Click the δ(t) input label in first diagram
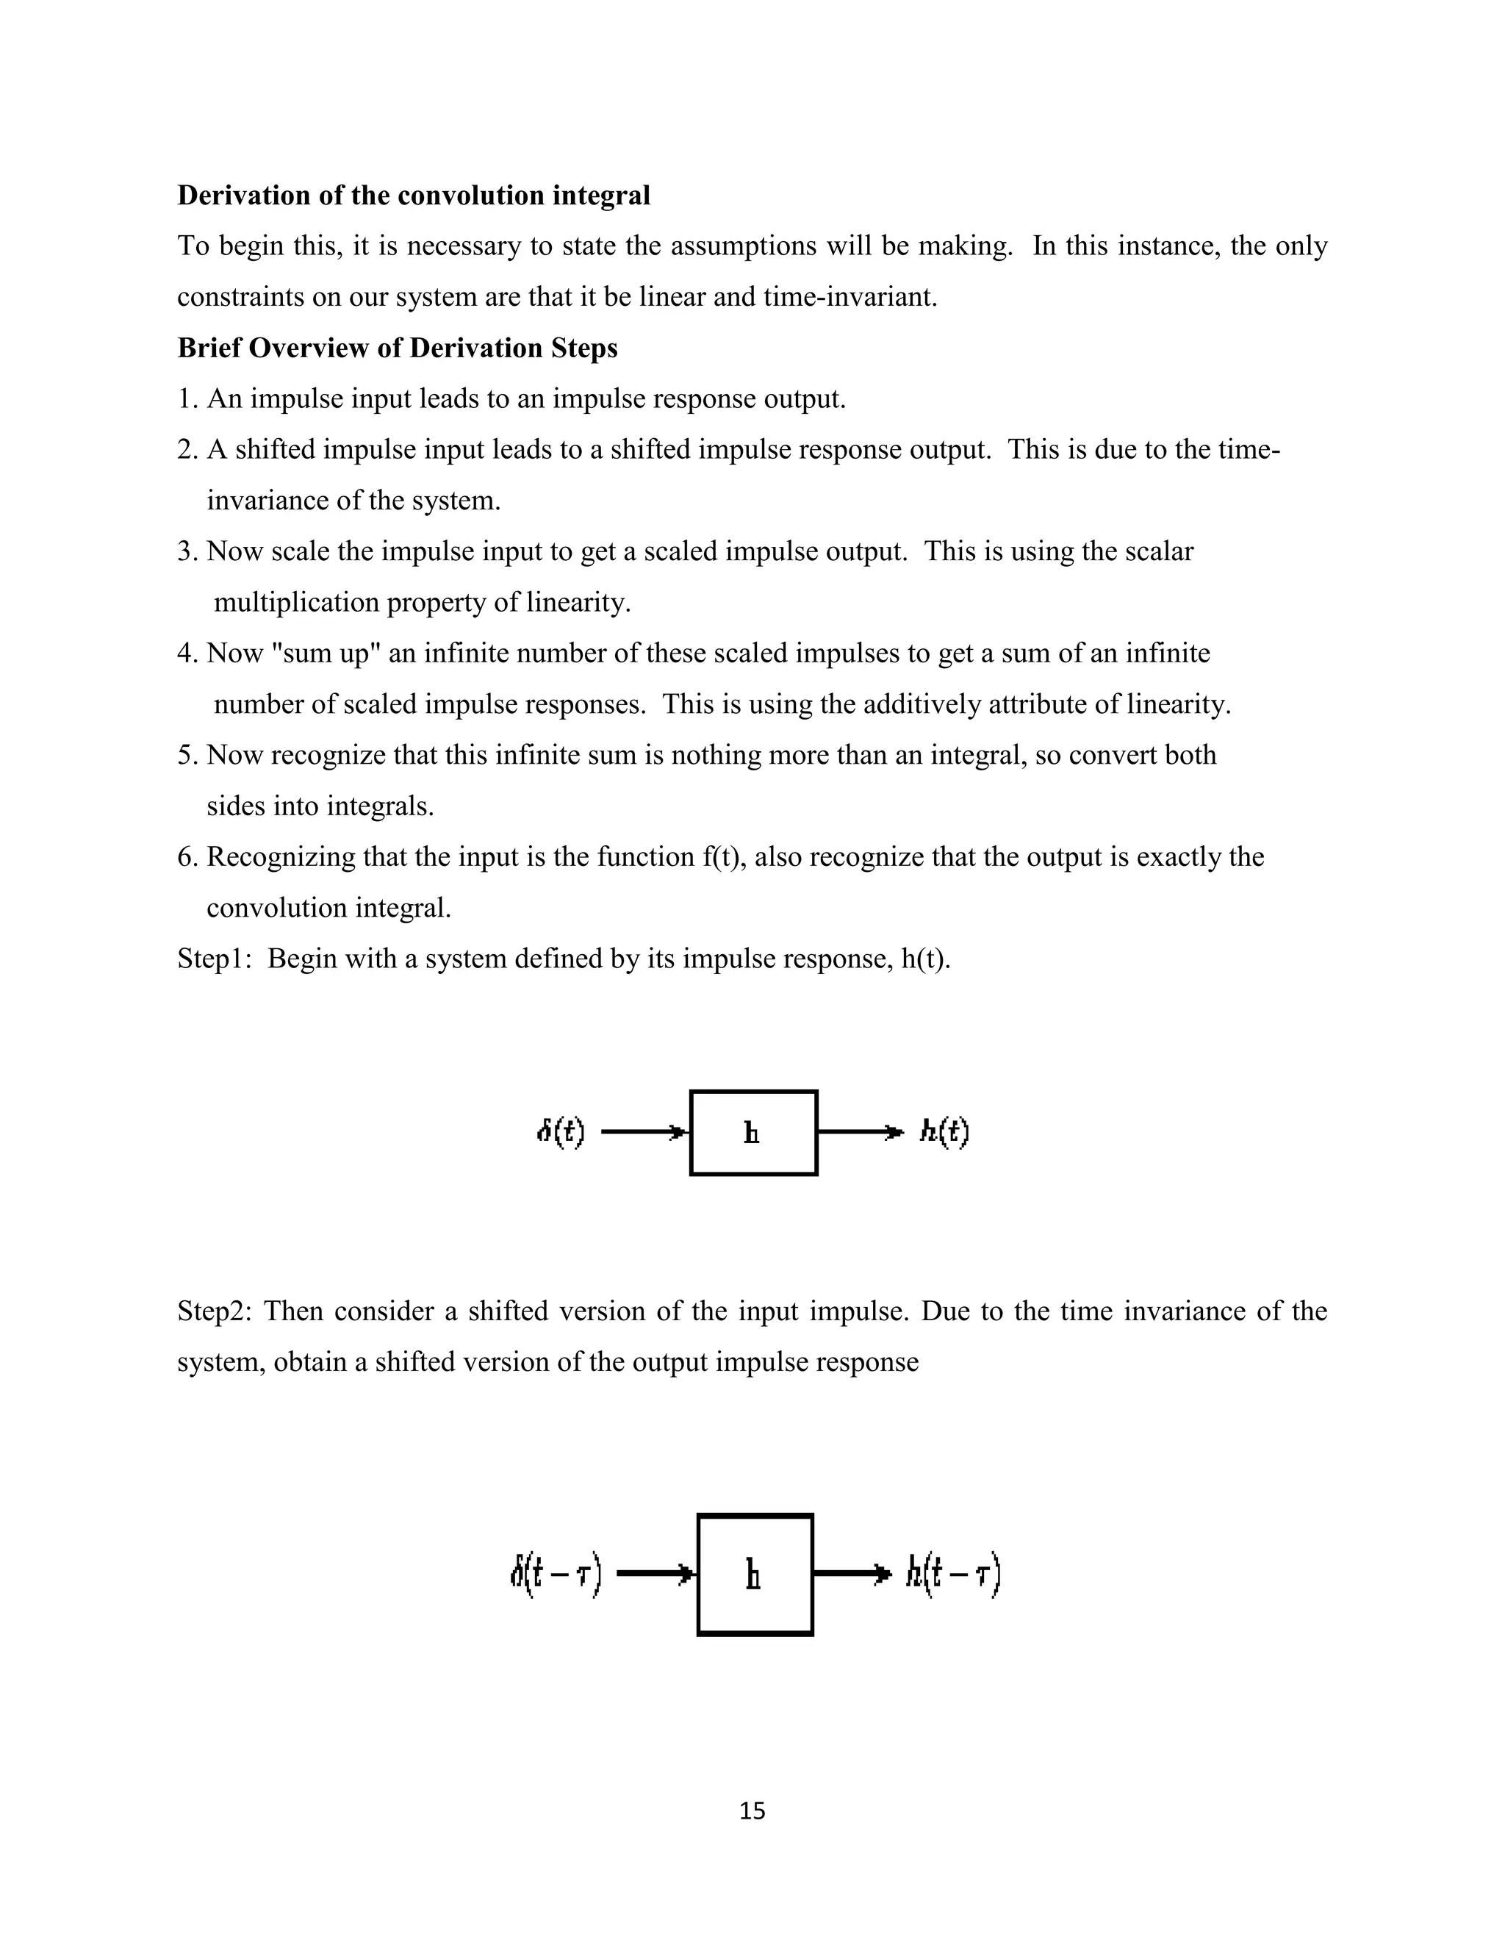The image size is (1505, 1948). [560, 1133]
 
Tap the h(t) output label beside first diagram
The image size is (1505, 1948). [944, 1133]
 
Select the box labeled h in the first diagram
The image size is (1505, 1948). [753, 1133]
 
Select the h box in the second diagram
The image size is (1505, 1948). [754, 1575]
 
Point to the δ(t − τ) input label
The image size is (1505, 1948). [555, 1575]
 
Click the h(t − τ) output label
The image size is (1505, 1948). [953, 1575]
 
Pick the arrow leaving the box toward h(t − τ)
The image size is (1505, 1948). [852, 1575]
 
